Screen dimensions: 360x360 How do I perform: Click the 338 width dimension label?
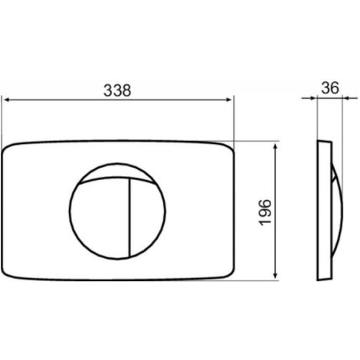[117, 90]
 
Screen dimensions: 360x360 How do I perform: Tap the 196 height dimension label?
[265, 212]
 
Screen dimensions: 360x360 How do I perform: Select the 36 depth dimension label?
[330, 88]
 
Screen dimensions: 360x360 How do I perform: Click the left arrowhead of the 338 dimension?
[7, 100]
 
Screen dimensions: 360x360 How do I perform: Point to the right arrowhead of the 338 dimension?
[229, 100]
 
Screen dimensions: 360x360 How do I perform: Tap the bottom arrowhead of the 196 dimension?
[275, 275]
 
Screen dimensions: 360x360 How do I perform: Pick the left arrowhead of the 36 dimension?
[314, 98]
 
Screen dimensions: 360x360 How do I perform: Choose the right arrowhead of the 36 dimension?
[345, 98]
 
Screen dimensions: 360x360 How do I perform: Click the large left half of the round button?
[100, 217]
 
